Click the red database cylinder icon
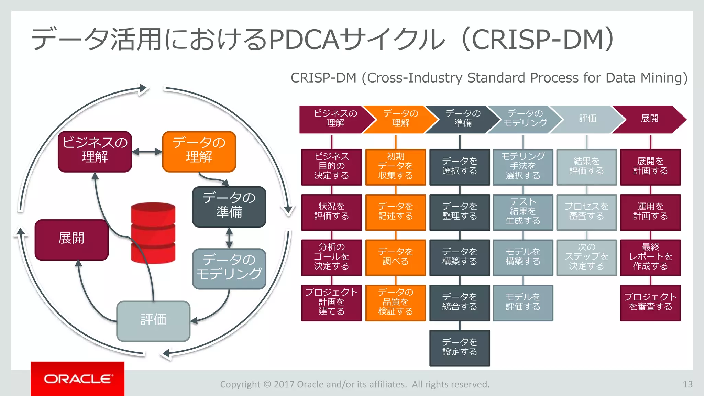(x=153, y=233)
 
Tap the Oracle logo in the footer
(x=78, y=379)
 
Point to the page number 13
(x=687, y=384)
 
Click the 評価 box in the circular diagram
(x=153, y=321)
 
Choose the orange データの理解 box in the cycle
(x=199, y=151)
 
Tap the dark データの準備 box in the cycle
(x=229, y=207)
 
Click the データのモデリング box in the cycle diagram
(x=229, y=268)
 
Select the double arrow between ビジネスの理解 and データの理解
(x=147, y=152)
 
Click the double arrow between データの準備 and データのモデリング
(x=229, y=238)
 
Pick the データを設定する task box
(x=460, y=348)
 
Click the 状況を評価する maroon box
(x=331, y=212)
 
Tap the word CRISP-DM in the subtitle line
(x=323, y=78)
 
